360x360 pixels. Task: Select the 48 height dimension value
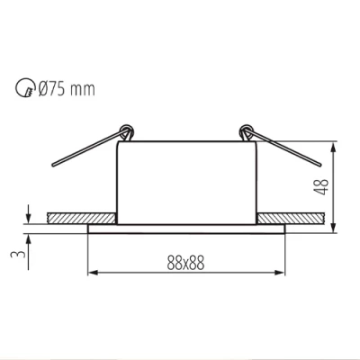[x=319, y=186]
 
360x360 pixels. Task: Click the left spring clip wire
[x=85, y=151]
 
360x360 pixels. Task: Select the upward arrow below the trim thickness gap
[x=31, y=237]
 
